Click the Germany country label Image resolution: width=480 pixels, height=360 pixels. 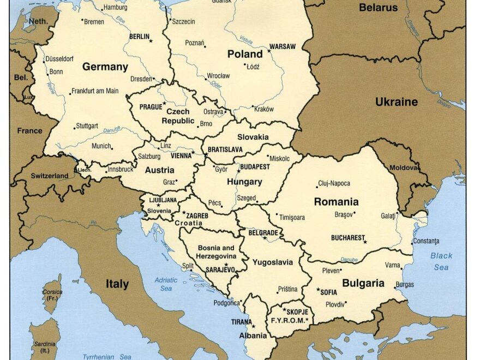(x=105, y=67)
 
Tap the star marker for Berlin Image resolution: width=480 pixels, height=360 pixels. (x=151, y=40)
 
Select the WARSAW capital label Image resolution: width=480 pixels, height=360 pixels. (x=283, y=47)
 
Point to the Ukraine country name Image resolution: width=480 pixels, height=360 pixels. (x=396, y=102)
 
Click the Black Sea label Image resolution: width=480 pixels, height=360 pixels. (x=441, y=261)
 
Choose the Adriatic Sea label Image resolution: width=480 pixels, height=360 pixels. (x=166, y=284)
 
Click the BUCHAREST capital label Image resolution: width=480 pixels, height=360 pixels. (x=347, y=238)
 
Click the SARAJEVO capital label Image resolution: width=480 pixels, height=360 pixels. (x=220, y=269)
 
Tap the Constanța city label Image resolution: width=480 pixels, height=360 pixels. (x=425, y=241)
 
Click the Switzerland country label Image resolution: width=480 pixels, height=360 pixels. (x=49, y=176)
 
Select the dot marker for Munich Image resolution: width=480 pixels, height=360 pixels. (x=112, y=147)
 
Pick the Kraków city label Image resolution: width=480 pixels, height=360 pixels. (x=264, y=109)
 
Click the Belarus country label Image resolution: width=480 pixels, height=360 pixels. (x=378, y=8)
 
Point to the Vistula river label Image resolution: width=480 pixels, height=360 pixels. (x=247, y=40)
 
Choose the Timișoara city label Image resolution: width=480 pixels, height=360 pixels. (x=292, y=217)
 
